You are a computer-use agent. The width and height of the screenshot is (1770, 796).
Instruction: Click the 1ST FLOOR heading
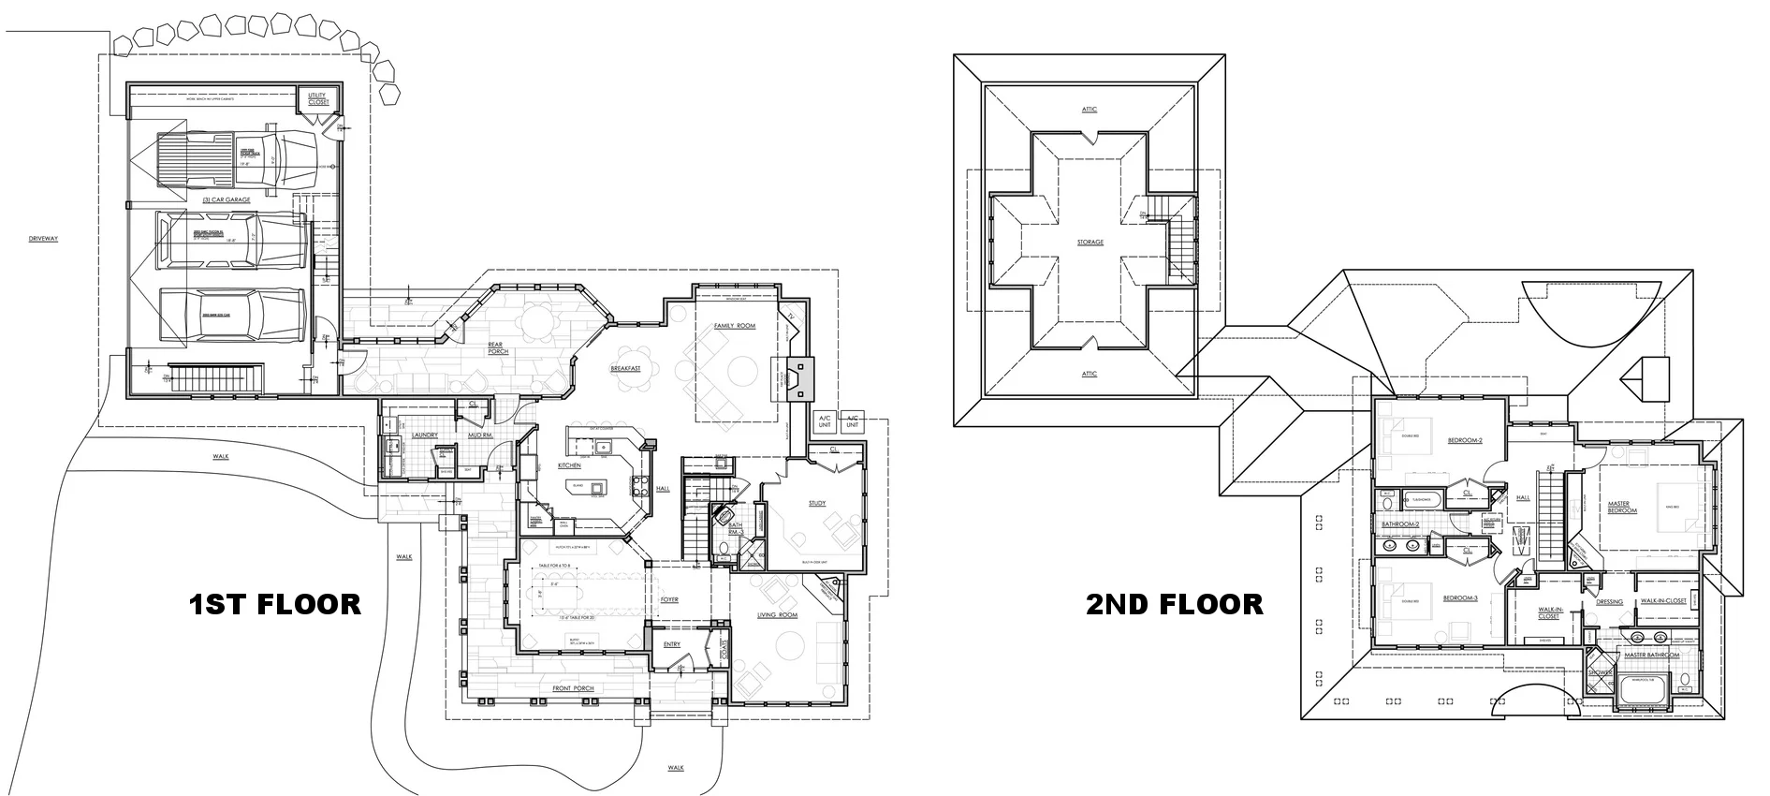pyautogui.click(x=275, y=604)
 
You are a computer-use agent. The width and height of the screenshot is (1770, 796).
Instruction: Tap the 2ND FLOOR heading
pyautogui.click(x=1174, y=604)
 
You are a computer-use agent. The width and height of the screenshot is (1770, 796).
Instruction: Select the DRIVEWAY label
pyautogui.click(x=43, y=239)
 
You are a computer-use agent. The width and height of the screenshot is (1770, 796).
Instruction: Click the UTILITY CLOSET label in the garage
pyautogui.click(x=318, y=98)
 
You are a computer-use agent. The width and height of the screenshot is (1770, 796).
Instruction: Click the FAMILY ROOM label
pyautogui.click(x=734, y=326)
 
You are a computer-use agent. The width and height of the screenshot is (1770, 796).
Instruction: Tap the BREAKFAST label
pyautogui.click(x=625, y=369)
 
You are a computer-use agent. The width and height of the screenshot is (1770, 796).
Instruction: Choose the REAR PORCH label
pyautogui.click(x=497, y=348)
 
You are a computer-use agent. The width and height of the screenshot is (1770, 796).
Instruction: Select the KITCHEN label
pyautogui.click(x=569, y=465)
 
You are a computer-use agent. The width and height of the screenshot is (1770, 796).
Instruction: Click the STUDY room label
pyautogui.click(x=816, y=504)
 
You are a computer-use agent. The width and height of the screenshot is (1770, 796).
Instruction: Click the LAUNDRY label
pyautogui.click(x=425, y=435)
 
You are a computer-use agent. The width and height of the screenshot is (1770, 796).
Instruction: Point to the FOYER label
pyautogui.click(x=668, y=599)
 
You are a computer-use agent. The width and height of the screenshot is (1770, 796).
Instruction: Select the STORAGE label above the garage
pyautogui.click(x=1090, y=243)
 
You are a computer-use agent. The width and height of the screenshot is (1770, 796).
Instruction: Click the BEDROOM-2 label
pyautogui.click(x=1465, y=440)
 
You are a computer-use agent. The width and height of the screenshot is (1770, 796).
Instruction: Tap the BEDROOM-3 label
pyautogui.click(x=1460, y=597)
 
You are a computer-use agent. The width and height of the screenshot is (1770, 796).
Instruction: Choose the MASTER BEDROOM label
pyautogui.click(x=1622, y=507)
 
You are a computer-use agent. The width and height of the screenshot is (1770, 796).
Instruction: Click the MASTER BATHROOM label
pyautogui.click(x=1651, y=655)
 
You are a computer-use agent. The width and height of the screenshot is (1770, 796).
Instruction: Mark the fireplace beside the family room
pyautogui.click(x=794, y=378)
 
